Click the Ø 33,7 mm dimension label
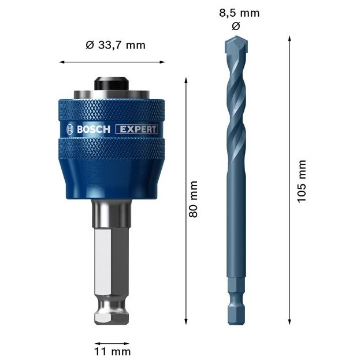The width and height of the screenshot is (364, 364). pyautogui.click(x=115, y=45)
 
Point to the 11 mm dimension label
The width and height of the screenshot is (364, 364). pyautogui.click(x=113, y=351)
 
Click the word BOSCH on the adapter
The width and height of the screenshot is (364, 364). pyautogui.click(x=93, y=129)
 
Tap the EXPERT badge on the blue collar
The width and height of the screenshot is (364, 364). pyautogui.click(x=137, y=129)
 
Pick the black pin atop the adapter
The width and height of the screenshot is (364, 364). pyautogui.click(x=113, y=84)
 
